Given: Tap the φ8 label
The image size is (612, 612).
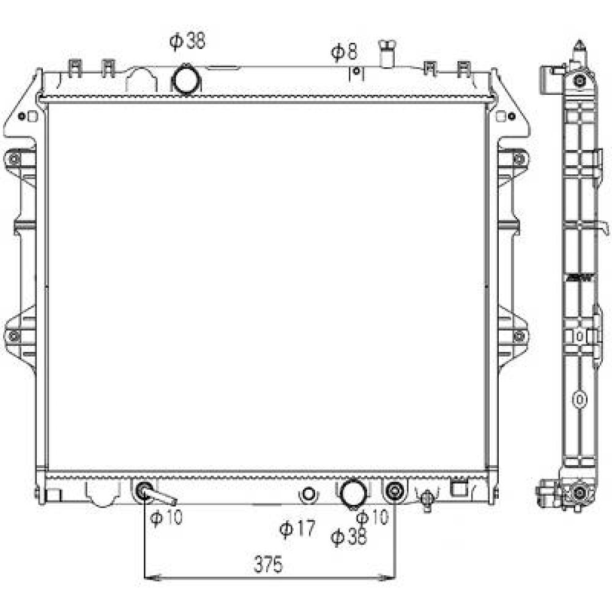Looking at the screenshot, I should pyautogui.click(x=345, y=52).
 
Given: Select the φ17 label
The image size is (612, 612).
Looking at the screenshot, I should pyautogui.click(x=297, y=528).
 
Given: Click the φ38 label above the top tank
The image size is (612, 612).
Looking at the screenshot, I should pyautogui.click(x=187, y=41).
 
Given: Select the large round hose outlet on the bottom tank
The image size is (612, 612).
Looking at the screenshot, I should pyautogui.click(x=353, y=493).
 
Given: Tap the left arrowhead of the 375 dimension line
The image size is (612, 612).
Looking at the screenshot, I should pyautogui.click(x=149, y=577).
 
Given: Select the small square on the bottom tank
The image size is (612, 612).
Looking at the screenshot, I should pyautogui.click(x=458, y=488).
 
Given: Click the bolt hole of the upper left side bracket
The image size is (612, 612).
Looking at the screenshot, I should pyautogui.click(x=14, y=160).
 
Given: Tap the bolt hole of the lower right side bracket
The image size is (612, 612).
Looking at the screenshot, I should pyautogui.click(x=519, y=335).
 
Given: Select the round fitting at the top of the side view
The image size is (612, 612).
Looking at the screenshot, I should pyautogui.click(x=580, y=80).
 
